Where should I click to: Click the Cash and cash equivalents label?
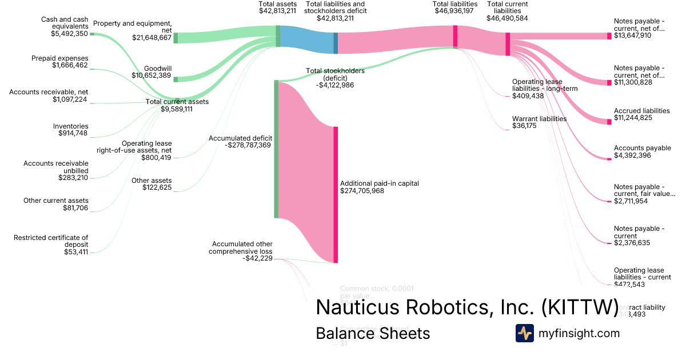click(65, 23)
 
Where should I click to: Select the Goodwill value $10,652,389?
click(151, 75)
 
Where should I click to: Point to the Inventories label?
click(71, 126)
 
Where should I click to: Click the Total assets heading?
click(277, 4)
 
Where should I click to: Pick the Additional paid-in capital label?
click(380, 183)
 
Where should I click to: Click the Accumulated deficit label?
click(240, 138)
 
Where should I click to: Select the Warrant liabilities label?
click(539, 119)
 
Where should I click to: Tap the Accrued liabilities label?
click(641, 111)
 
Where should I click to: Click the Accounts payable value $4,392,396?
click(632, 155)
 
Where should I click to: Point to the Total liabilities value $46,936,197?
click(455, 11)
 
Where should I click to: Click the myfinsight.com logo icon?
click(524, 333)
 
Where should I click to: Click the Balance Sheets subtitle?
click(373, 333)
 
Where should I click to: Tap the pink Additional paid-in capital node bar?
click(336, 194)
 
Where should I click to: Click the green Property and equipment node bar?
click(176, 38)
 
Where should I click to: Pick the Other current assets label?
click(56, 201)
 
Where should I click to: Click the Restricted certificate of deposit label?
click(51, 238)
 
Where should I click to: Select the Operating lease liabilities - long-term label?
click(545, 85)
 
